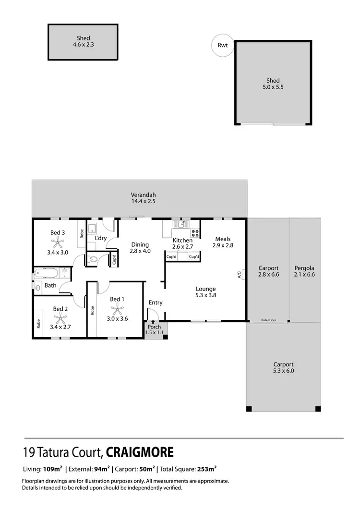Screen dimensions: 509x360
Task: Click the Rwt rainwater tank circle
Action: [x=223, y=46]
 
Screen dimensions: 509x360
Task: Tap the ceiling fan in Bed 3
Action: [x=58, y=240]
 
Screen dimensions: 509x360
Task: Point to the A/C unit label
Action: [x=239, y=275]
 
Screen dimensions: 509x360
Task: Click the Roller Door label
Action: [x=269, y=319]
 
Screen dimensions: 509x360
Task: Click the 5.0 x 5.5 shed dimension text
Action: [x=273, y=88]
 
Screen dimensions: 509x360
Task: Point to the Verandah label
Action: [x=143, y=194]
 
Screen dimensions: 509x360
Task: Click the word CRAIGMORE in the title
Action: [x=140, y=452]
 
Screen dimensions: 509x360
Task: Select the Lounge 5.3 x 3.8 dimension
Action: [x=205, y=296]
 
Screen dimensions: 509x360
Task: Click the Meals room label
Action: [x=223, y=239]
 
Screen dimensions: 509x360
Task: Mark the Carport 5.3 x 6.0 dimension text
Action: [x=283, y=371]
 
